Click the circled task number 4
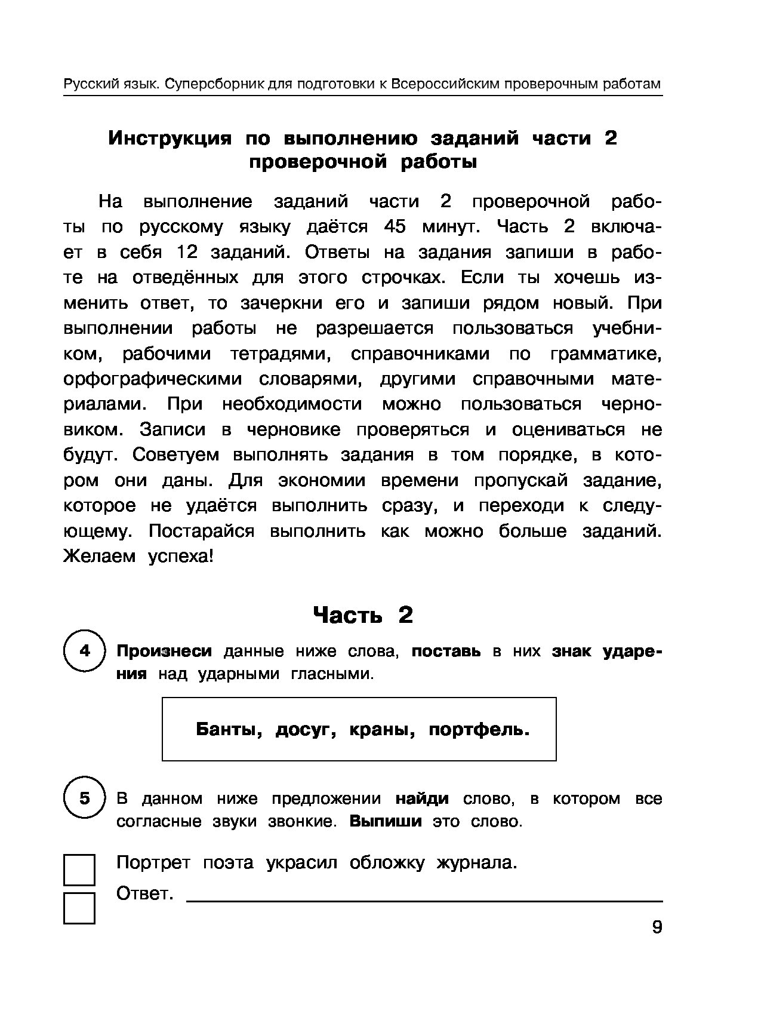pyautogui.click(x=84, y=650)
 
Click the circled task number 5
pyautogui.click(x=84, y=798)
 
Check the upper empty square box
pyautogui.click(x=79, y=870)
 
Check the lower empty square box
pyautogui.click(x=79, y=908)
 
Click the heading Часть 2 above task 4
pyautogui.click(x=363, y=615)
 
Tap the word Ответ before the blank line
pyautogui.click(x=144, y=894)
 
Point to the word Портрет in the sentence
pyautogui.click(x=153, y=863)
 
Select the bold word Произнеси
pyautogui.click(x=164, y=651)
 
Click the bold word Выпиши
pyautogui.click(x=386, y=821)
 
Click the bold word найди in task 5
pyautogui.click(x=422, y=798)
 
